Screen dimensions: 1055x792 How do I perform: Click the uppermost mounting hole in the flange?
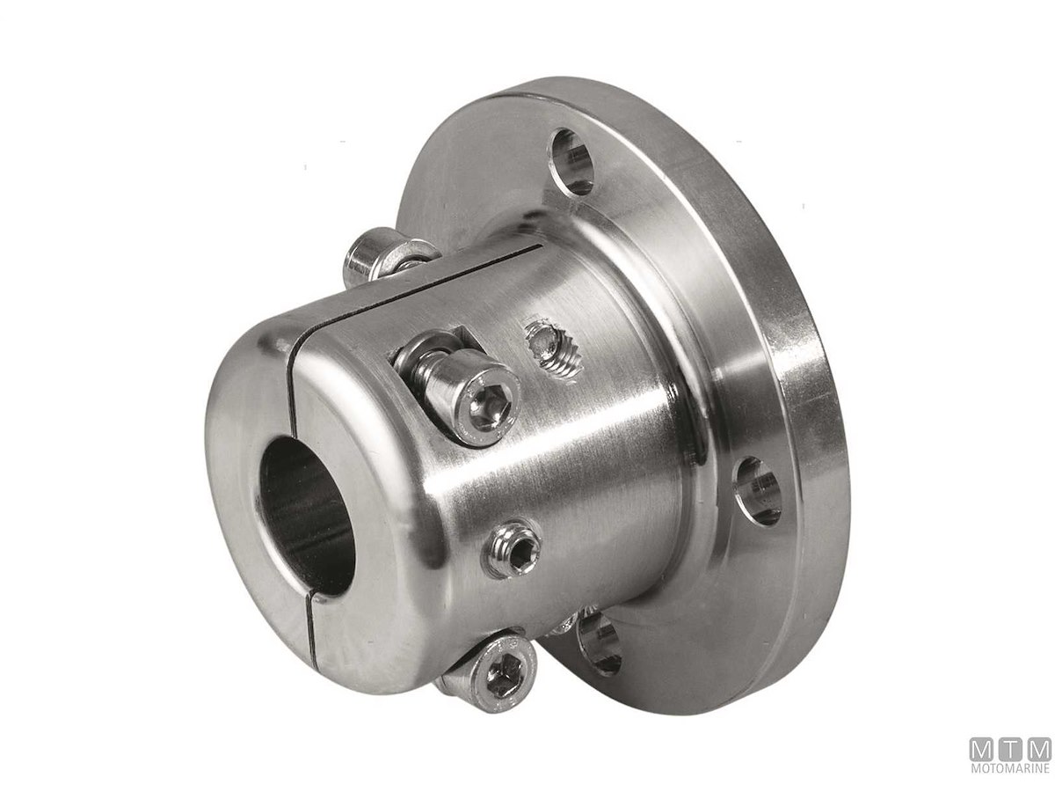click(572, 161)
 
